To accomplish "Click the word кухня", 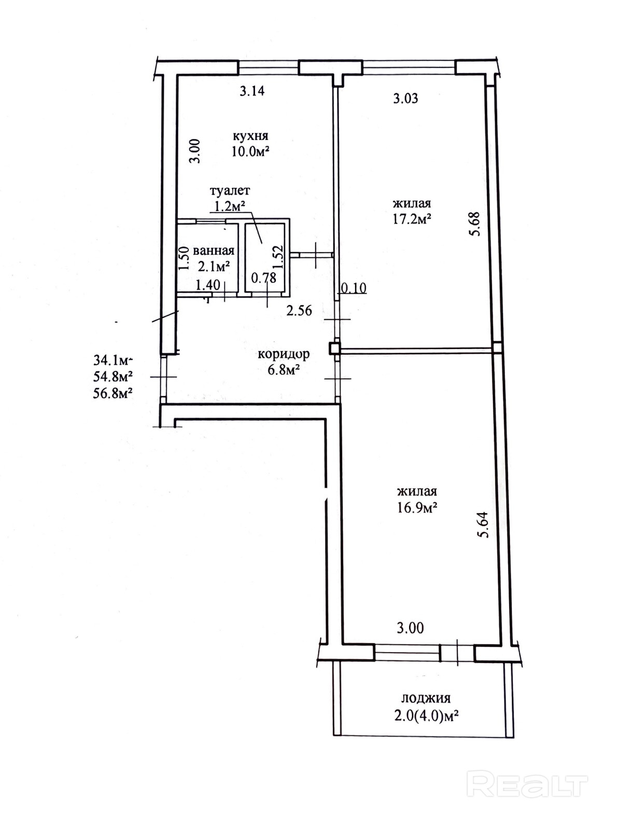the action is [250, 136].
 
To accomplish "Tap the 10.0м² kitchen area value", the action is [251, 151].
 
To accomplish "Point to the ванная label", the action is [214, 251].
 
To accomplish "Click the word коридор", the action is [284, 355].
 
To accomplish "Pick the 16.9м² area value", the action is [417, 507].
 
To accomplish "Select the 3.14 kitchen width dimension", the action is [252, 91].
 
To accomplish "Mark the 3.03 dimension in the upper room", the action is [406, 99].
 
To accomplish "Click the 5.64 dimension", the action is [484, 525].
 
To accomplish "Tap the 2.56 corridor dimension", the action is [299, 311].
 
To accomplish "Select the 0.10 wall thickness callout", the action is [354, 288].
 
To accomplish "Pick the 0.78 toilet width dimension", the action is [264, 278].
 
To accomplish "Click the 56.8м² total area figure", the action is [112, 394].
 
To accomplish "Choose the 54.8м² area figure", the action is [112, 377].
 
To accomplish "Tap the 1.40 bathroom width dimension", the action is [208, 285].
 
